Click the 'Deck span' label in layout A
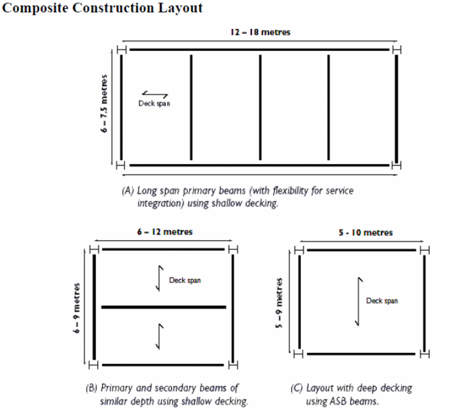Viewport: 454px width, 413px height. pos(154,104)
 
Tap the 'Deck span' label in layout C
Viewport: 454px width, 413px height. pos(382,301)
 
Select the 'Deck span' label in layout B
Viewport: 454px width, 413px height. pos(185,281)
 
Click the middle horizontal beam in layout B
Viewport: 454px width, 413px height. pos(163,306)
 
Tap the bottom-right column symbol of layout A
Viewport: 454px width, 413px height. pos(396,165)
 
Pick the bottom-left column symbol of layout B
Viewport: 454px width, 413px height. pos(94,366)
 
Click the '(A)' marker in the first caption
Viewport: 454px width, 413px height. pos(128,191)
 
